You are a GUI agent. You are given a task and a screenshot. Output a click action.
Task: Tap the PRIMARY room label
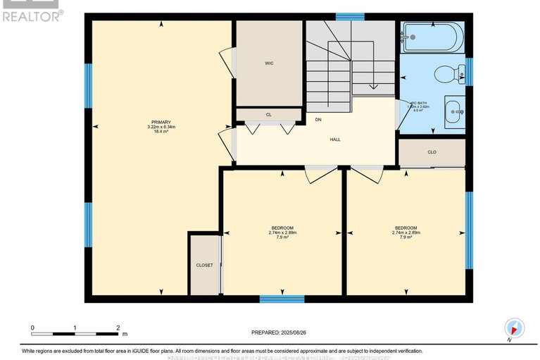point(161,121)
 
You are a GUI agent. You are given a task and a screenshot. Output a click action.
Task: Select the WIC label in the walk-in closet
point(268,63)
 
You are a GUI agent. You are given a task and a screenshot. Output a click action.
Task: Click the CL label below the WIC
point(268,114)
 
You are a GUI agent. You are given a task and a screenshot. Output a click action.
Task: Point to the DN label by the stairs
point(318,119)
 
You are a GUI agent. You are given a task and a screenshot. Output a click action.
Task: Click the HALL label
point(335,139)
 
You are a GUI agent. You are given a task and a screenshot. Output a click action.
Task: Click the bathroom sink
point(453,110)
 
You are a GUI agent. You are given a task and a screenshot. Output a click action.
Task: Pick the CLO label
point(432,151)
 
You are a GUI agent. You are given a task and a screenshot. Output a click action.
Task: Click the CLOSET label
point(204,266)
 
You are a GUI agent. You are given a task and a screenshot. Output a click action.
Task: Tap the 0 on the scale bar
point(32,328)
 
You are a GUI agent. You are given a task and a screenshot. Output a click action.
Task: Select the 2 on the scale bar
point(118,328)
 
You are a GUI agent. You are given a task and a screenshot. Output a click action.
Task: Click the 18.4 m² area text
point(161,132)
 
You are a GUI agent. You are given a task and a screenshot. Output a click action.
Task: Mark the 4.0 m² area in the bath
point(417,111)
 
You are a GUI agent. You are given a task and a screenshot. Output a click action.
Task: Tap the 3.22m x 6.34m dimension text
point(161,127)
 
